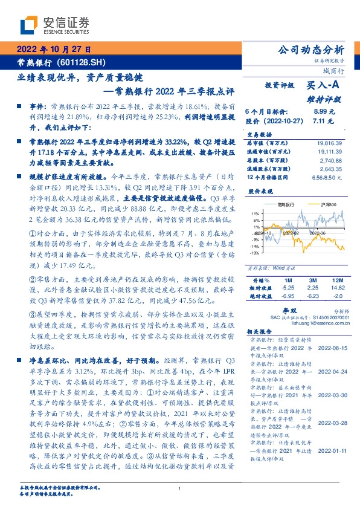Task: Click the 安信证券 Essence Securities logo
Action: [x=54, y=25]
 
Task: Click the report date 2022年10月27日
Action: [x=53, y=49]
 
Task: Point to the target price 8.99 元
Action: [x=324, y=112]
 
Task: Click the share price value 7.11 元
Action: [x=324, y=120]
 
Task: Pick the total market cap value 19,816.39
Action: [x=329, y=142]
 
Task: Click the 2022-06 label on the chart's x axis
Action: [x=318, y=232]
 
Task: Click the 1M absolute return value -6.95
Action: [x=287, y=296]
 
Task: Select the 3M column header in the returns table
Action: [x=312, y=281]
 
